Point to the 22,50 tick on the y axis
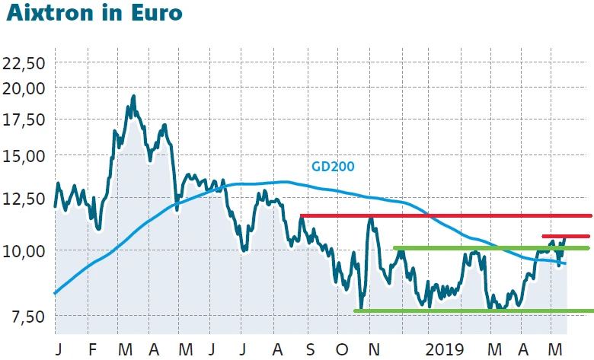[x=25, y=62]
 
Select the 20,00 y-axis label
[x=25, y=88]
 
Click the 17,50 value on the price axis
[x=25, y=120]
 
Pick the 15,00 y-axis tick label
[x=25, y=156]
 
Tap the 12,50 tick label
[x=25, y=199]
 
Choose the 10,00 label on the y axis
[x=25, y=251]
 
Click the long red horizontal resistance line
[x=445, y=215]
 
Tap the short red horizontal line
[x=565, y=236]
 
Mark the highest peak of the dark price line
[x=133, y=97]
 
